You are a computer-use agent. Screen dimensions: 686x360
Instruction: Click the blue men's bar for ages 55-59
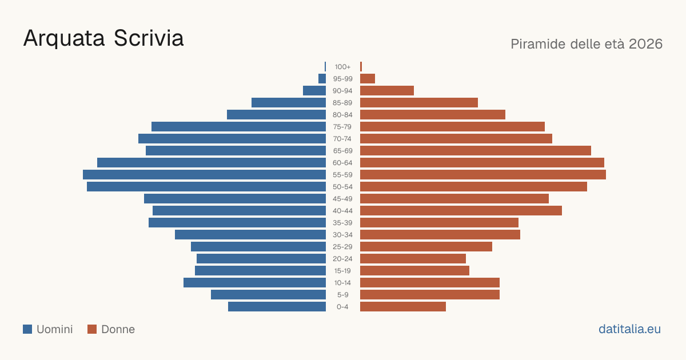204,174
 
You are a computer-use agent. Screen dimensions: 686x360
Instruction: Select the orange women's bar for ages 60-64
482,162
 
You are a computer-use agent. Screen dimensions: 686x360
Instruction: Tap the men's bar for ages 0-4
277,306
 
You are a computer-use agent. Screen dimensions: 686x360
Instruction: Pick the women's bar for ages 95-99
368,79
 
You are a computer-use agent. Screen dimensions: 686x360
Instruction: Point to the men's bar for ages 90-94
314,91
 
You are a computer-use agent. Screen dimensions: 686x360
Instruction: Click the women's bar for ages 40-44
461,211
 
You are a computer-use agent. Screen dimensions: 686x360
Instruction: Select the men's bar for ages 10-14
254,282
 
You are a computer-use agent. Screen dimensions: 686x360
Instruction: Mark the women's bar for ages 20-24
413,259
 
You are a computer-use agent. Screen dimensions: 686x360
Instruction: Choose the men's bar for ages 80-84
276,114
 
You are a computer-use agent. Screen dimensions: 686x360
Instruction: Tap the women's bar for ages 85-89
419,102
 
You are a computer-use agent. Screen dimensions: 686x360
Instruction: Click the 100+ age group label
342,67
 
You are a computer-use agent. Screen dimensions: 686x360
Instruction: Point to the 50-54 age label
342,187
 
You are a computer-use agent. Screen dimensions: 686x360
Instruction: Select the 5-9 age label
342,294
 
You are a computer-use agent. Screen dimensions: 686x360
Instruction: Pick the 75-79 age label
342,127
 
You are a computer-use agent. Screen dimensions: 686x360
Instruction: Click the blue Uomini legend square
27,329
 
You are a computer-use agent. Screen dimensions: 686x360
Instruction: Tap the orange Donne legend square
92,329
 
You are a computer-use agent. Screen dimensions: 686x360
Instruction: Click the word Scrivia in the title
149,38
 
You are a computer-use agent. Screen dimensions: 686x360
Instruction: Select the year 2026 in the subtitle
645,44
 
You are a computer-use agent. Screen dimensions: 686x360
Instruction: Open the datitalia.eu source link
629,329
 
